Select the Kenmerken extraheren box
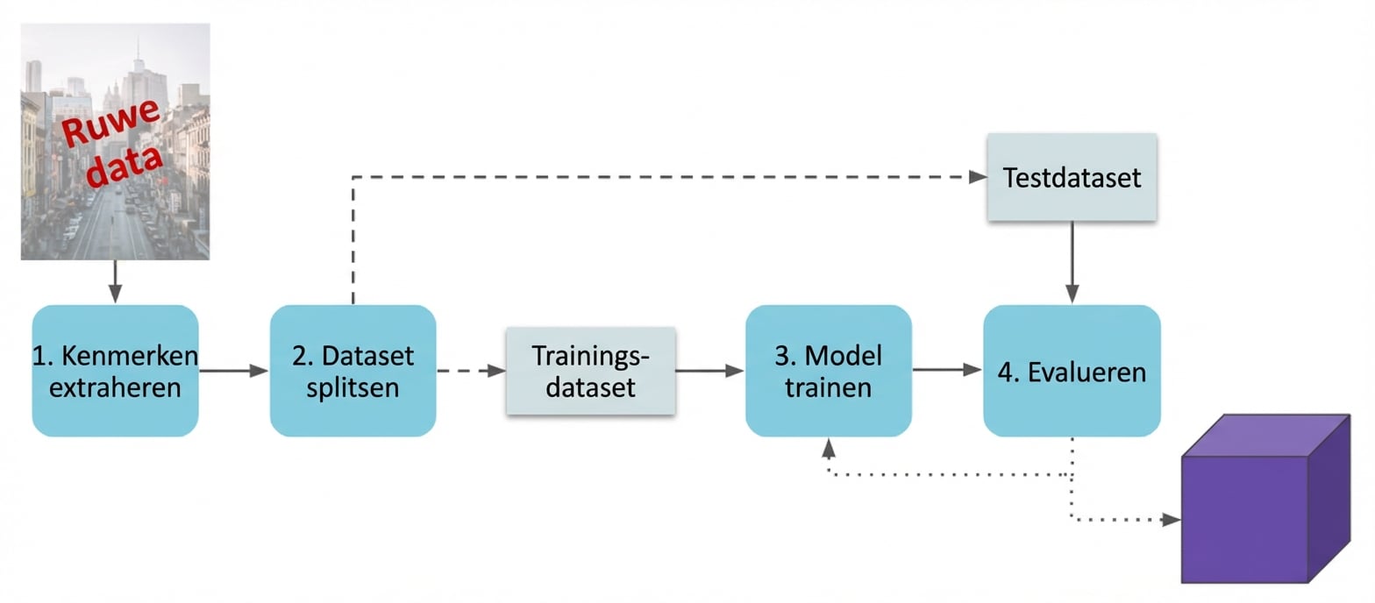(x=115, y=371)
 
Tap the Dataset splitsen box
(x=353, y=371)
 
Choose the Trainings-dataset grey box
(x=590, y=371)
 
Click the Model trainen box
(x=829, y=371)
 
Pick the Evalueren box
(x=1072, y=371)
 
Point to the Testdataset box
(x=1072, y=178)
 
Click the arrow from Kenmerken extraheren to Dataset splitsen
(x=233, y=371)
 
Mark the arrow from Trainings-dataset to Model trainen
(x=709, y=371)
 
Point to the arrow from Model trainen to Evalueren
(x=946, y=371)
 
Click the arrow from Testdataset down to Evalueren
(x=1072, y=262)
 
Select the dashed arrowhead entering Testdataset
(x=978, y=177)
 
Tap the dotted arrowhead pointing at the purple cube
(x=1171, y=520)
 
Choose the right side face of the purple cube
(x=1329, y=497)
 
